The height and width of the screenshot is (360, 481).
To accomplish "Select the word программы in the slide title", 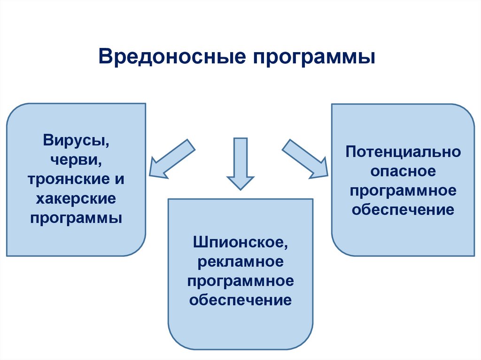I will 315,58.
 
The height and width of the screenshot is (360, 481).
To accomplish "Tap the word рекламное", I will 240,262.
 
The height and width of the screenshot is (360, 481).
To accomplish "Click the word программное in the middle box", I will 240,281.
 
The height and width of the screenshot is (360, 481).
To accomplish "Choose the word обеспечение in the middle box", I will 240,300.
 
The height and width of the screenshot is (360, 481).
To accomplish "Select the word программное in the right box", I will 403,190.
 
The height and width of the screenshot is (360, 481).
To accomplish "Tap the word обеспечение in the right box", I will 403,209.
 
